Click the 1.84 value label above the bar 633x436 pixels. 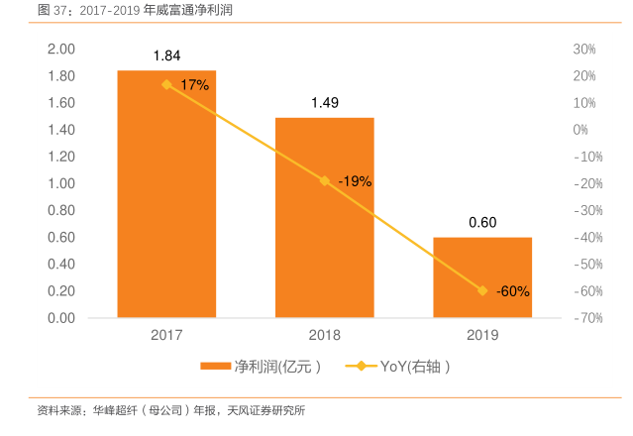click(x=166, y=55)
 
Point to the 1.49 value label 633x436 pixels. click(x=324, y=102)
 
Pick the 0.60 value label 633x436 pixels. click(x=482, y=222)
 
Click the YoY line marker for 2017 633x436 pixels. click(x=166, y=84)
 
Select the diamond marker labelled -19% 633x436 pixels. click(x=324, y=181)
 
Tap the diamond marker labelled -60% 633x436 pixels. click(x=482, y=290)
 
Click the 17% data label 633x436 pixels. click(x=195, y=85)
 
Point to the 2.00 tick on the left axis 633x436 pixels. click(x=61, y=49)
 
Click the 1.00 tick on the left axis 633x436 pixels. click(x=61, y=183)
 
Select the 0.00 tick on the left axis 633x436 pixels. click(x=61, y=318)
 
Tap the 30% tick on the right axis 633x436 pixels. click(x=583, y=49)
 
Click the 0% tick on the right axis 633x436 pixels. click(x=580, y=130)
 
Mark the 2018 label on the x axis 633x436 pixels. click(x=324, y=336)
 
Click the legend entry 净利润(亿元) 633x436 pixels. click(x=264, y=367)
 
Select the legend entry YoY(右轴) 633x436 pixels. click(x=401, y=367)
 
